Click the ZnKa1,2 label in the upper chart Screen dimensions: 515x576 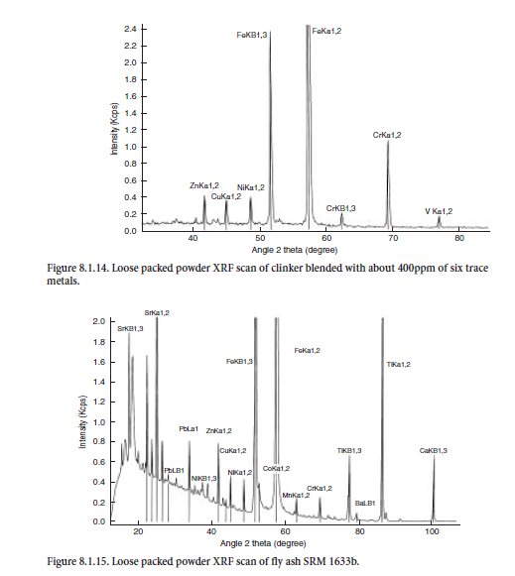(204, 185)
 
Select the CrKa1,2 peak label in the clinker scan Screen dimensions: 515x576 (387, 135)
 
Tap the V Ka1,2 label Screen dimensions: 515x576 (439, 211)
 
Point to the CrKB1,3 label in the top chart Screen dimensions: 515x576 (340, 208)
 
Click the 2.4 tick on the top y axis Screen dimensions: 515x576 (131, 29)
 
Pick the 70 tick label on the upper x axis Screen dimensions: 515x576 (393, 238)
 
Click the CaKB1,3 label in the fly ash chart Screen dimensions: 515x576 (434, 451)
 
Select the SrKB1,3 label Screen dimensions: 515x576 (130, 329)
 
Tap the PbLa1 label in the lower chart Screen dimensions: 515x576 (189, 428)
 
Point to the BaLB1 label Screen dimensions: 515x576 (365, 503)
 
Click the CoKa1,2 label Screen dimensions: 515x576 (276, 468)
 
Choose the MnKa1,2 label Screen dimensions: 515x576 (296, 495)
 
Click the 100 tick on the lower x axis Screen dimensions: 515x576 (432, 531)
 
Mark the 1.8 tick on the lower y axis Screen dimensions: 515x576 (99, 342)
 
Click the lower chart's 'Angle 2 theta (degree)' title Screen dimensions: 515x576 (263, 543)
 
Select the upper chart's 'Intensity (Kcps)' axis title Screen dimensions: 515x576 (115, 129)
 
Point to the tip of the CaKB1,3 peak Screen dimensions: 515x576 (434, 455)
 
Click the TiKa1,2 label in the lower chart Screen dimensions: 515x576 (399, 365)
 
